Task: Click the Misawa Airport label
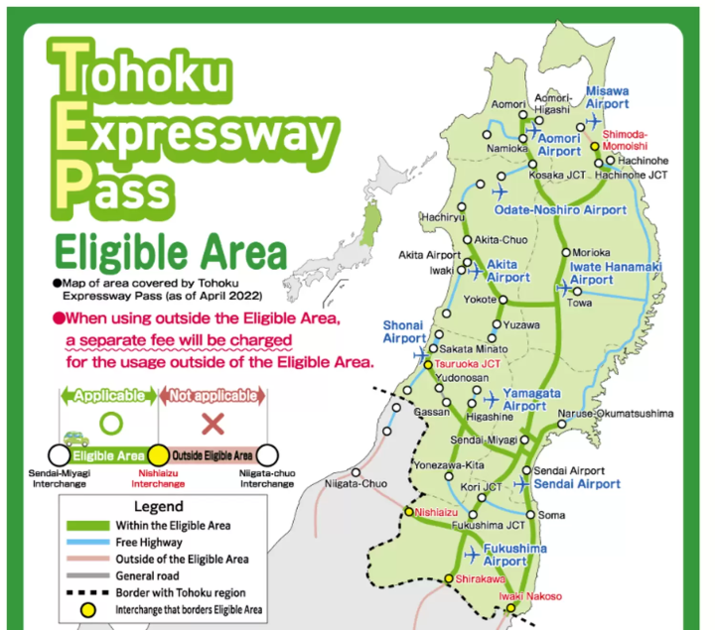coord(607,96)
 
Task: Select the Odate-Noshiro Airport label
coord(561,210)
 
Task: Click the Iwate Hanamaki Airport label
coord(615,273)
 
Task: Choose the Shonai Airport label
coord(404,331)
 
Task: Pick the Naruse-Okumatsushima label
coord(615,413)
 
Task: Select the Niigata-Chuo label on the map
coord(355,484)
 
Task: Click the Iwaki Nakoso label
coord(529,596)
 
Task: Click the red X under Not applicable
coord(211,424)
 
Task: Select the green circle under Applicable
coord(110,424)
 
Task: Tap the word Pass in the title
coord(112,184)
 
